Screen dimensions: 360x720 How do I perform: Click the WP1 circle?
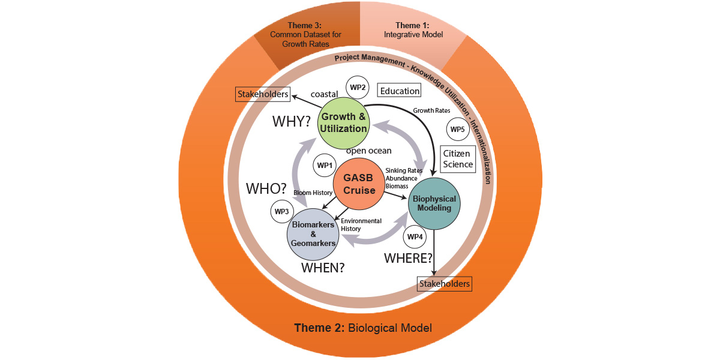click(325, 165)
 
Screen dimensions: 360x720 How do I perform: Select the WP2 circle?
click(358, 88)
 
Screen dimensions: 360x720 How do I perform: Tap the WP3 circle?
click(281, 211)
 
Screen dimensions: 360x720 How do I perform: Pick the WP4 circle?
click(415, 237)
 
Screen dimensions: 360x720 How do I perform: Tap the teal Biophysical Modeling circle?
click(434, 203)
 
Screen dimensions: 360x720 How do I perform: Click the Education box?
click(399, 91)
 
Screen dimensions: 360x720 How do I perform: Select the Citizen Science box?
click(457, 159)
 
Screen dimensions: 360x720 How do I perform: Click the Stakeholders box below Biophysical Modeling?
click(445, 283)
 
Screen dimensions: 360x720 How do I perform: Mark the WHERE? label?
click(408, 259)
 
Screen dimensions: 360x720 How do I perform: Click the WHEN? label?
click(323, 268)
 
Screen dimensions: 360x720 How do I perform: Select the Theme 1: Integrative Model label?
click(413, 30)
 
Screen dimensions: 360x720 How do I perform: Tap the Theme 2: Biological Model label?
click(362, 328)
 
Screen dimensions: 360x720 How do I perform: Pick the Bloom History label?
click(313, 193)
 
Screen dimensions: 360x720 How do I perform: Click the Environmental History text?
click(361, 225)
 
